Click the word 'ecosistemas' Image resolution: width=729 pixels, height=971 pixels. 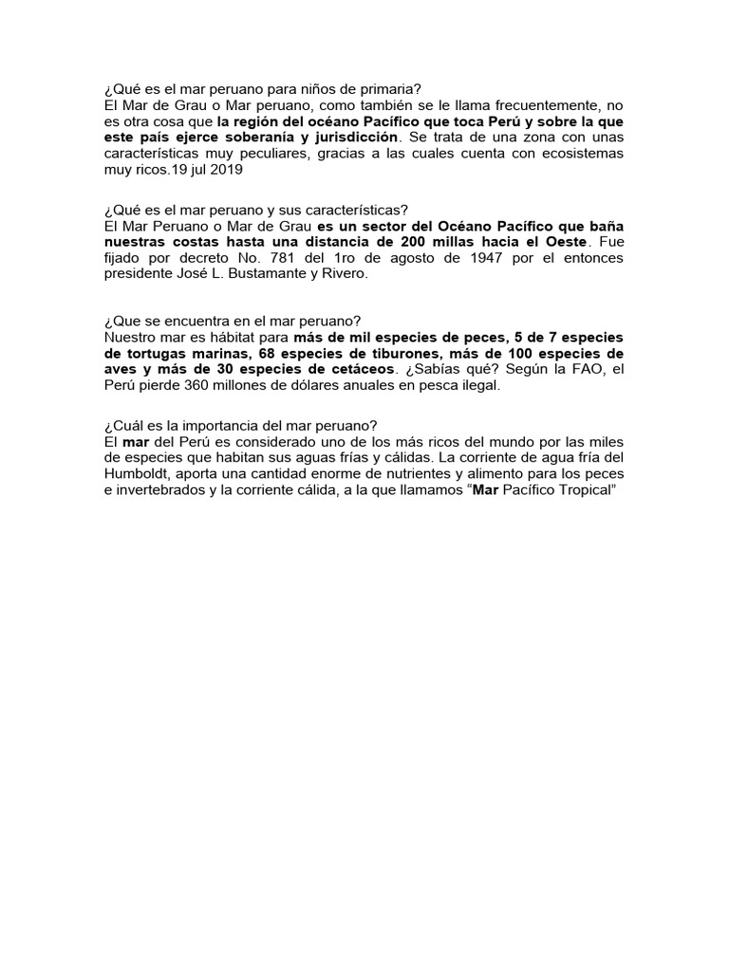583,154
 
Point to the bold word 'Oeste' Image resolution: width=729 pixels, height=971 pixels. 562,243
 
